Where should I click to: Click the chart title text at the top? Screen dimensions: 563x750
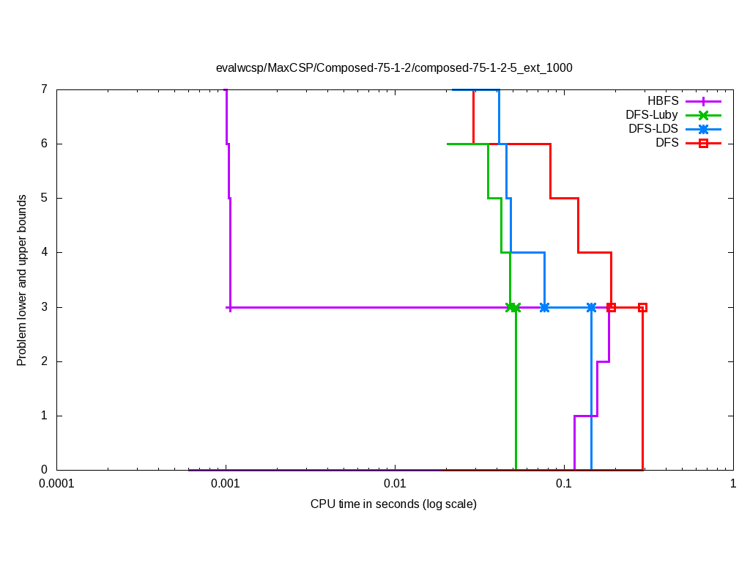click(x=394, y=67)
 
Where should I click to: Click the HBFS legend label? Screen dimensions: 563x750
click(x=663, y=100)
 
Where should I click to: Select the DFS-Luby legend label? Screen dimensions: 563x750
click(x=652, y=114)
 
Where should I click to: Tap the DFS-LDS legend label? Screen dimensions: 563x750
click(x=653, y=128)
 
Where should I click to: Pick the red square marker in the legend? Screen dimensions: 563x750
click(x=703, y=143)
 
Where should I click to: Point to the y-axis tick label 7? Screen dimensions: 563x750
click(x=44, y=89)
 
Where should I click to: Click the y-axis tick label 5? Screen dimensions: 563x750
click(x=44, y=198)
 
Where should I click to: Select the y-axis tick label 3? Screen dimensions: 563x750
click(x=44, y=307)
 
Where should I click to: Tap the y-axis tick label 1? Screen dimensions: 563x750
click(x=44, y=416)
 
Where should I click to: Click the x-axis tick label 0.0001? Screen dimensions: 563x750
click(x=56, y=484)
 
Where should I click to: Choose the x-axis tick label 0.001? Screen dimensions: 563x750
click(x=226, y=484)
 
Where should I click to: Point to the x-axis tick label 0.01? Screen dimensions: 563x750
click(x=395, y=484)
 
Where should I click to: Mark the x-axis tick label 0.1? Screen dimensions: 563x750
click(x=563, y=484)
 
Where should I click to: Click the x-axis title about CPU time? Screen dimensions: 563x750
click(x=393, y=504)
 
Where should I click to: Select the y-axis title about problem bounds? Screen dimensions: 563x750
click(x=22, y=280)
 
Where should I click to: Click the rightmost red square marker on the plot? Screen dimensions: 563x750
click(x=642, y=307)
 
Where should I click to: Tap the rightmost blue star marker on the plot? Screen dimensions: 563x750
click(x=591, y=307)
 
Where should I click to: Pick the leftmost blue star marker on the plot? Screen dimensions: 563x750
click(x=544, y=307)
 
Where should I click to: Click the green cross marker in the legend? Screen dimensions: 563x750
click(x=703, y=114)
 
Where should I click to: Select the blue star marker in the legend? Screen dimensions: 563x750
click(x=703, y=128)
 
